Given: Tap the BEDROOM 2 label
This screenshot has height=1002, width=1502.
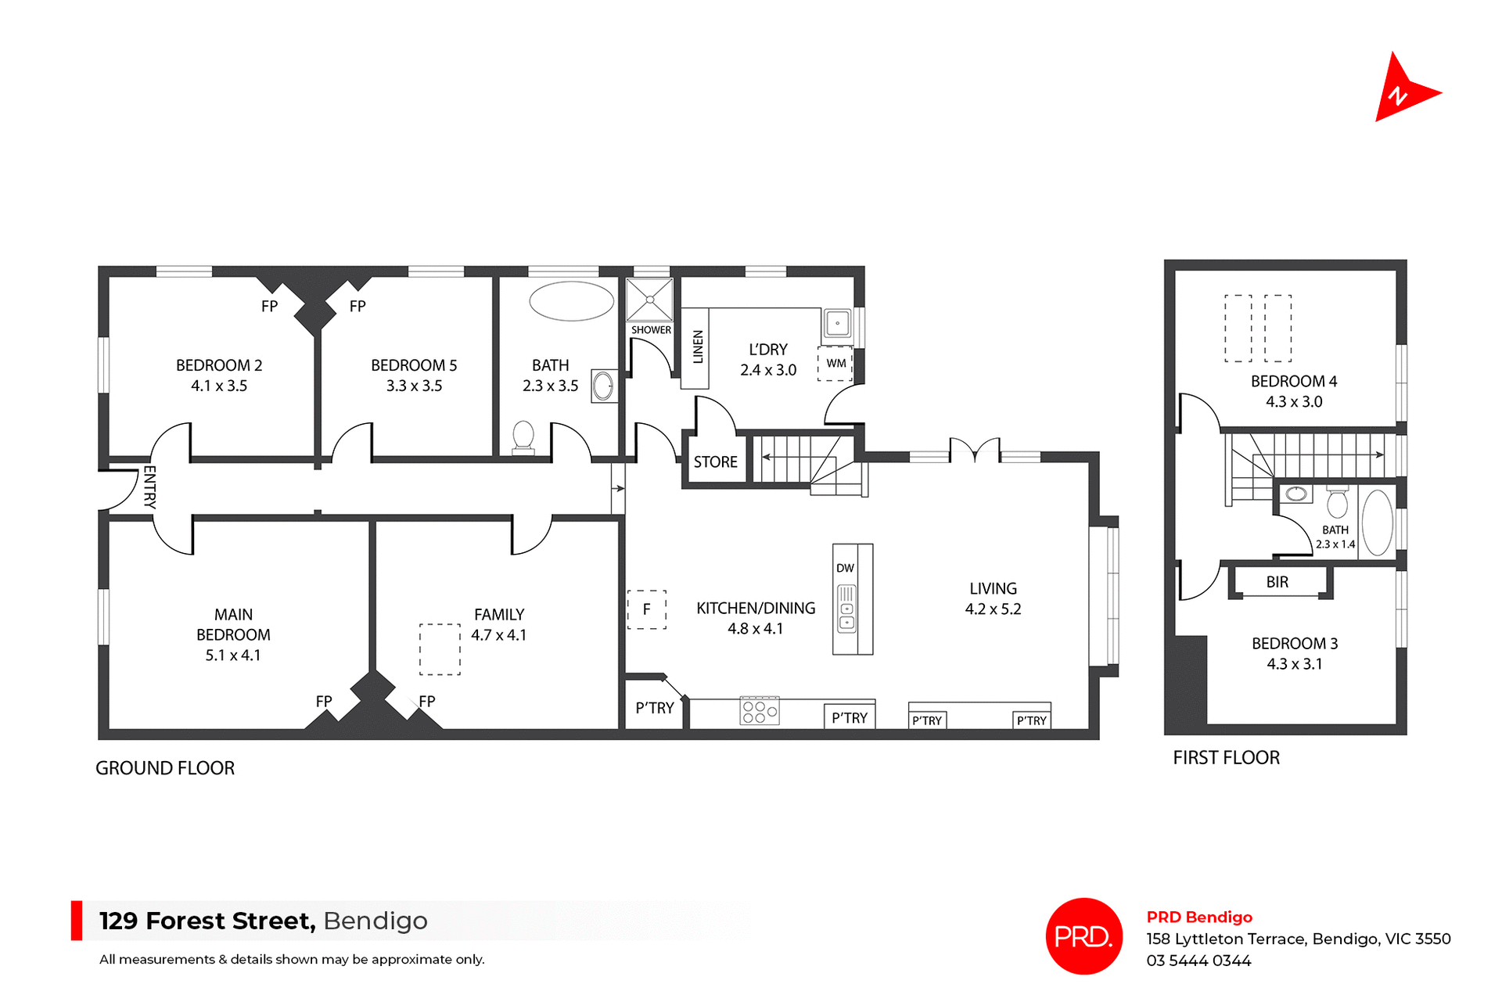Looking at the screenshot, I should (219, 365).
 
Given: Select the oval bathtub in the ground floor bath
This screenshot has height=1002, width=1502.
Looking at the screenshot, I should (571, 301).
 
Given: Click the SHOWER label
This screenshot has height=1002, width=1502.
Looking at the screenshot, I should (651, 330).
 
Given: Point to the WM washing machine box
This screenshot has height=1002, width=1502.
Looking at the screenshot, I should (835, 364).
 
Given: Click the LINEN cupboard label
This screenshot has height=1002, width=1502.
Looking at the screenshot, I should (698, 347).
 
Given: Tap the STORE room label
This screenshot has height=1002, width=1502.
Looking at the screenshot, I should (715, 462).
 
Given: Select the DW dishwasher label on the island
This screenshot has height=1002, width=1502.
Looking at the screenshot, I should (845, 568).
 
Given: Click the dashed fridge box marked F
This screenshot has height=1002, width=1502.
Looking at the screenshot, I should (647, 609).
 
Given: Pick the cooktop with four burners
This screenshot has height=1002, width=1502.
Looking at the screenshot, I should (759, 711).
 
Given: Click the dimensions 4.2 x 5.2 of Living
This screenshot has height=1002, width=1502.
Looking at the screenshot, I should (993, 609).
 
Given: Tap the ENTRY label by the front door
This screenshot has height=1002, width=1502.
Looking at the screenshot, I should (149, 487).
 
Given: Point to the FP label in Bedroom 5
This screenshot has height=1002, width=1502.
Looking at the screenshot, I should (358, 307).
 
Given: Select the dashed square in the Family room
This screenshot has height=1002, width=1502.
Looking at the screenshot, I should (440, 649).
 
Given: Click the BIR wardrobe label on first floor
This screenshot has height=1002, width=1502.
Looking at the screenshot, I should (1277, 582).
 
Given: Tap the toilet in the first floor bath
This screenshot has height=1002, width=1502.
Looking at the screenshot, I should (1337, 502).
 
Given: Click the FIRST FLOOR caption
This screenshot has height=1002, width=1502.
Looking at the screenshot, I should (1226, 757).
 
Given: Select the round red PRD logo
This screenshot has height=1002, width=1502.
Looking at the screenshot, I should (1083, 936).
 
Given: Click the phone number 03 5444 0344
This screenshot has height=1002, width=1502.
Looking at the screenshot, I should (1198, 961).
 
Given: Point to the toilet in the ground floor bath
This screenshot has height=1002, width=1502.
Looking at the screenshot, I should (523, 436).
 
